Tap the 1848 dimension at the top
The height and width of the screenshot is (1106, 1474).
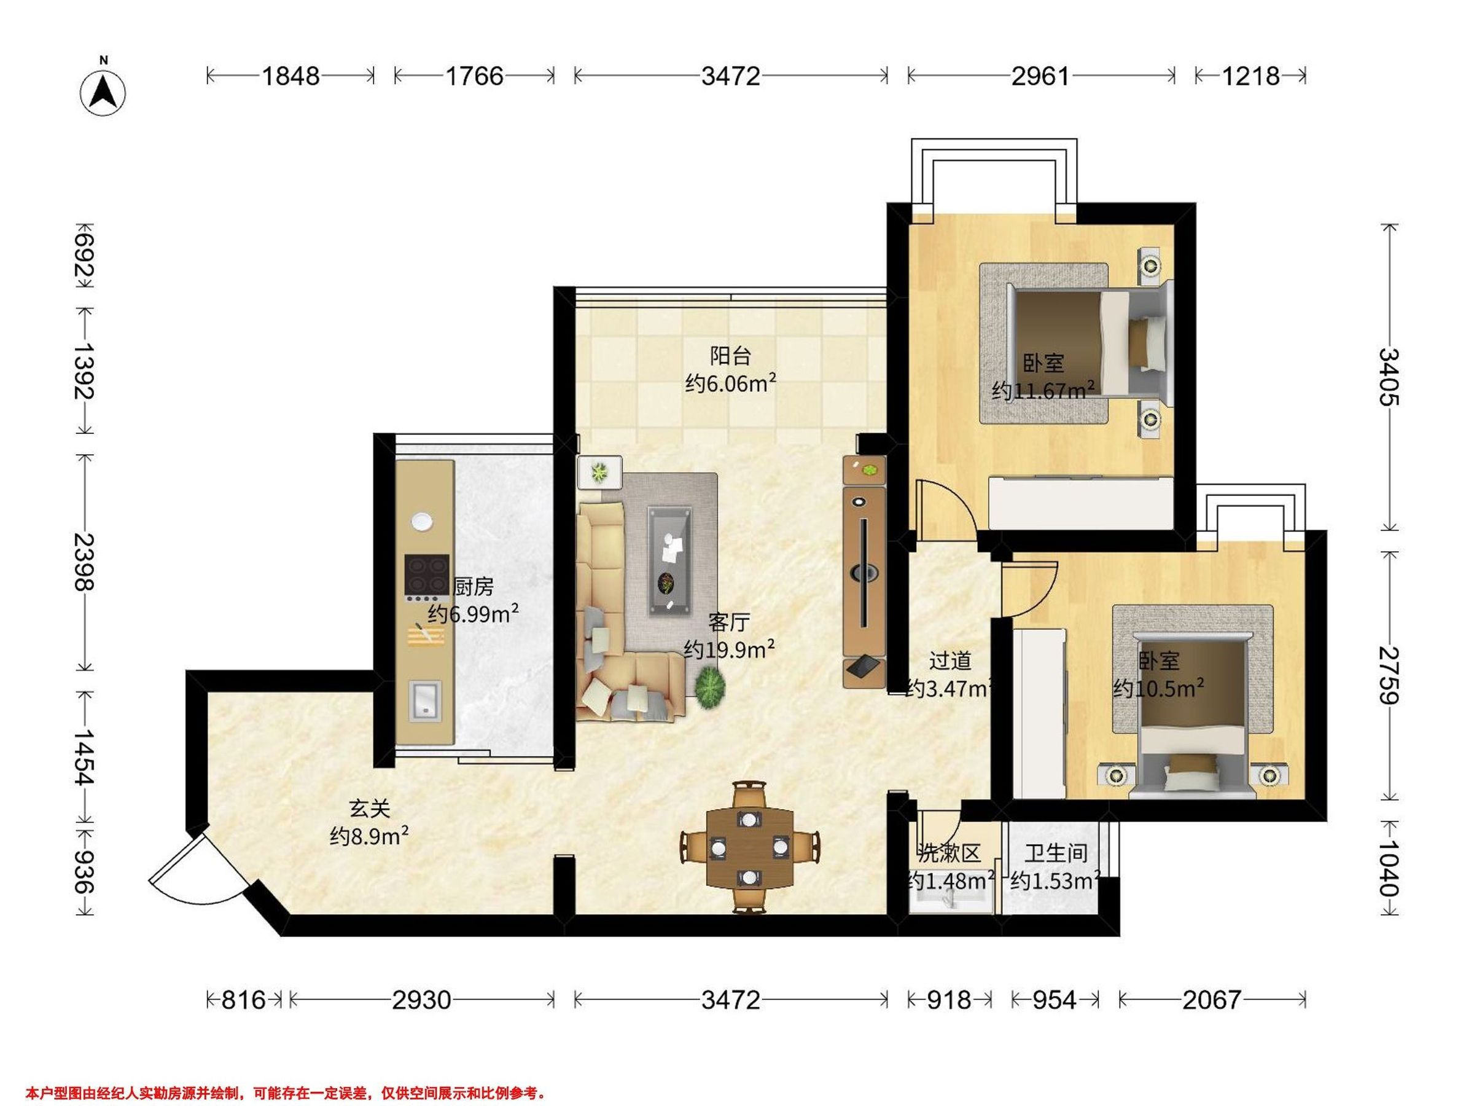(x=290, y=76)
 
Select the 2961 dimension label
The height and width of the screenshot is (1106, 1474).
(x=1040, y=76)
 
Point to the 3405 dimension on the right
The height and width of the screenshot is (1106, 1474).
(x=1389, y=377)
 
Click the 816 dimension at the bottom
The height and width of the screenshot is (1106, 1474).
(x=243, y=1000)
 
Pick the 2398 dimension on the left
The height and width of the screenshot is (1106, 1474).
(x=85, y=562)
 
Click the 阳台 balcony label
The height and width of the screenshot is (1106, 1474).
(x=730, y=355)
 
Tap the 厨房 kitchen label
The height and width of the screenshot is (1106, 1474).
(x=473, y=586)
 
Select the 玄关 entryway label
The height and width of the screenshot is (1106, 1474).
(x=369, y=809)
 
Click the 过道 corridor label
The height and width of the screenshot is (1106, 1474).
(x=950, y=661)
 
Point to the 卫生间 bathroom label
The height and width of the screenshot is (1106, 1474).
(x=1056, y=853)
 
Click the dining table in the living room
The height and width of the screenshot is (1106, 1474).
(x=751, y=847)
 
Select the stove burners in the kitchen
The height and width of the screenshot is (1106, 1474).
(x=426, y=575)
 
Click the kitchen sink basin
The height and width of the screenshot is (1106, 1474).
(x=424, y=700)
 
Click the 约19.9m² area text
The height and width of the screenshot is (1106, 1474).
(x=729, y=649)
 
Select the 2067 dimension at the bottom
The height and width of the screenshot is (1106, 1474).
(x=1212, y=1000)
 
